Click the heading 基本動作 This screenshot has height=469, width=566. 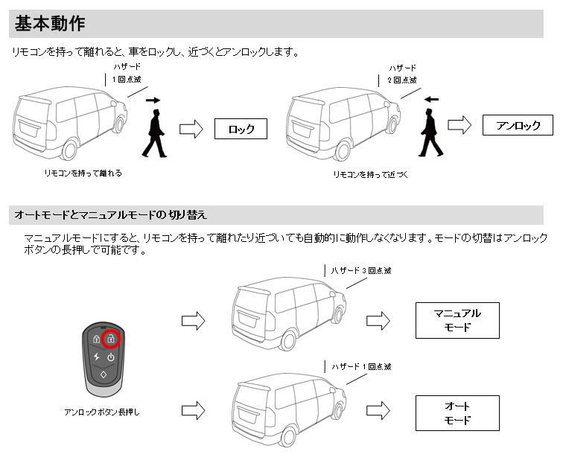(x=50, y=24)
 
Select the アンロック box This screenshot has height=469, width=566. (x=518, y=126)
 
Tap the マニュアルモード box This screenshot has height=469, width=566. (x=457, y=320)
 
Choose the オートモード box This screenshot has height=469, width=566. (x=457, y=413)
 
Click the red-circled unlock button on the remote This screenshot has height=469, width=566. (x=110, y=339)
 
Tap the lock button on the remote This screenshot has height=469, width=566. (x=96, y=339)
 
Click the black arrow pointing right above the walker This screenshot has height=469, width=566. (x=153, y=99)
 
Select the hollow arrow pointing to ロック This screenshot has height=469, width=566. (x=191, y=130)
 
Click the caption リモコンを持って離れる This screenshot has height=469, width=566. (x=83, y=173)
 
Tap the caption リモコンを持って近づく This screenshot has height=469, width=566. (x=370, y=175)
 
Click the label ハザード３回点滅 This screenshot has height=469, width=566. (x=361, y=271)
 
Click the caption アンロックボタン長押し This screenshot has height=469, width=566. (x=101, y=412)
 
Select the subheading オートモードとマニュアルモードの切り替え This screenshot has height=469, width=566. (x=110, y=215)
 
